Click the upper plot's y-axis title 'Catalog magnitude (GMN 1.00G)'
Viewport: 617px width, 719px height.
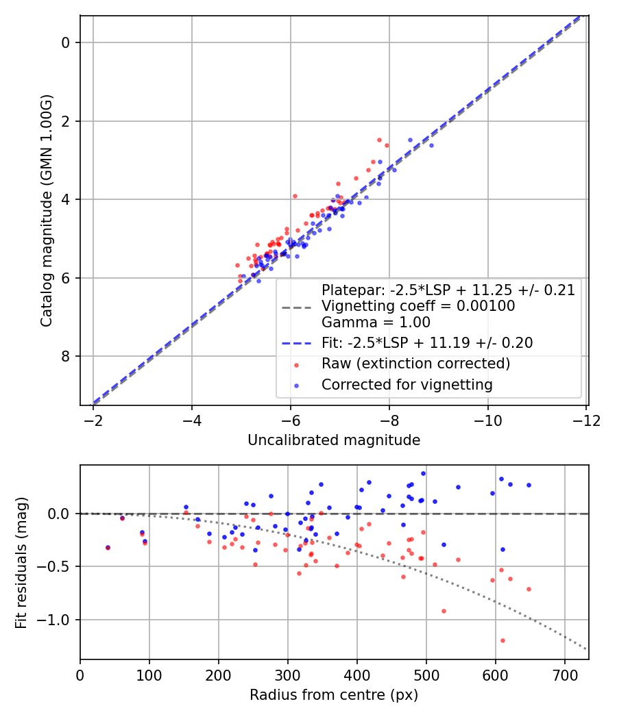(47, 210)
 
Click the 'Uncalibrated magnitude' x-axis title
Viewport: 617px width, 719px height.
(334, 440)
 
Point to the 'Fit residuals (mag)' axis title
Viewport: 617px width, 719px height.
(21, 563)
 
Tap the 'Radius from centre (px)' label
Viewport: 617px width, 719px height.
(334, 695)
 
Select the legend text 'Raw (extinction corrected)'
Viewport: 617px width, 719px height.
(416, 364)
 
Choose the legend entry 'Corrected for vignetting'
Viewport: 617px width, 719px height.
(407, 385)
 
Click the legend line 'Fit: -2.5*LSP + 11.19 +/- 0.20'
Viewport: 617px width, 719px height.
(427, 343)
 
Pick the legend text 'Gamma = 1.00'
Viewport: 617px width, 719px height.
(376, 323)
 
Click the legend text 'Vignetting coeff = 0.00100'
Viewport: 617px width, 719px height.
(418, 306)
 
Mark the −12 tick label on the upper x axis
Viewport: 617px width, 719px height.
(586, 420)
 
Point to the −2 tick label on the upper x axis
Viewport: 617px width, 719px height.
(93, 420)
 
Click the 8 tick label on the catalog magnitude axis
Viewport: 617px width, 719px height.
(66, 356)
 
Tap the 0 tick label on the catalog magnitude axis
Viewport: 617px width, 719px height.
(66, 42)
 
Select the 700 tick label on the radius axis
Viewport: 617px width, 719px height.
(564, 675)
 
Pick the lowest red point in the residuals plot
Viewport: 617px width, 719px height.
(503, 640)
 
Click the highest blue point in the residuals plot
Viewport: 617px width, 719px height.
(423, 474)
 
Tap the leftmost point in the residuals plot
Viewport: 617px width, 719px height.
(108, 548)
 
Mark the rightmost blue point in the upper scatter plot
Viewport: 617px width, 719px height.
(431, 145)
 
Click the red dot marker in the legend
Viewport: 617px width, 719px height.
(297, 365)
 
